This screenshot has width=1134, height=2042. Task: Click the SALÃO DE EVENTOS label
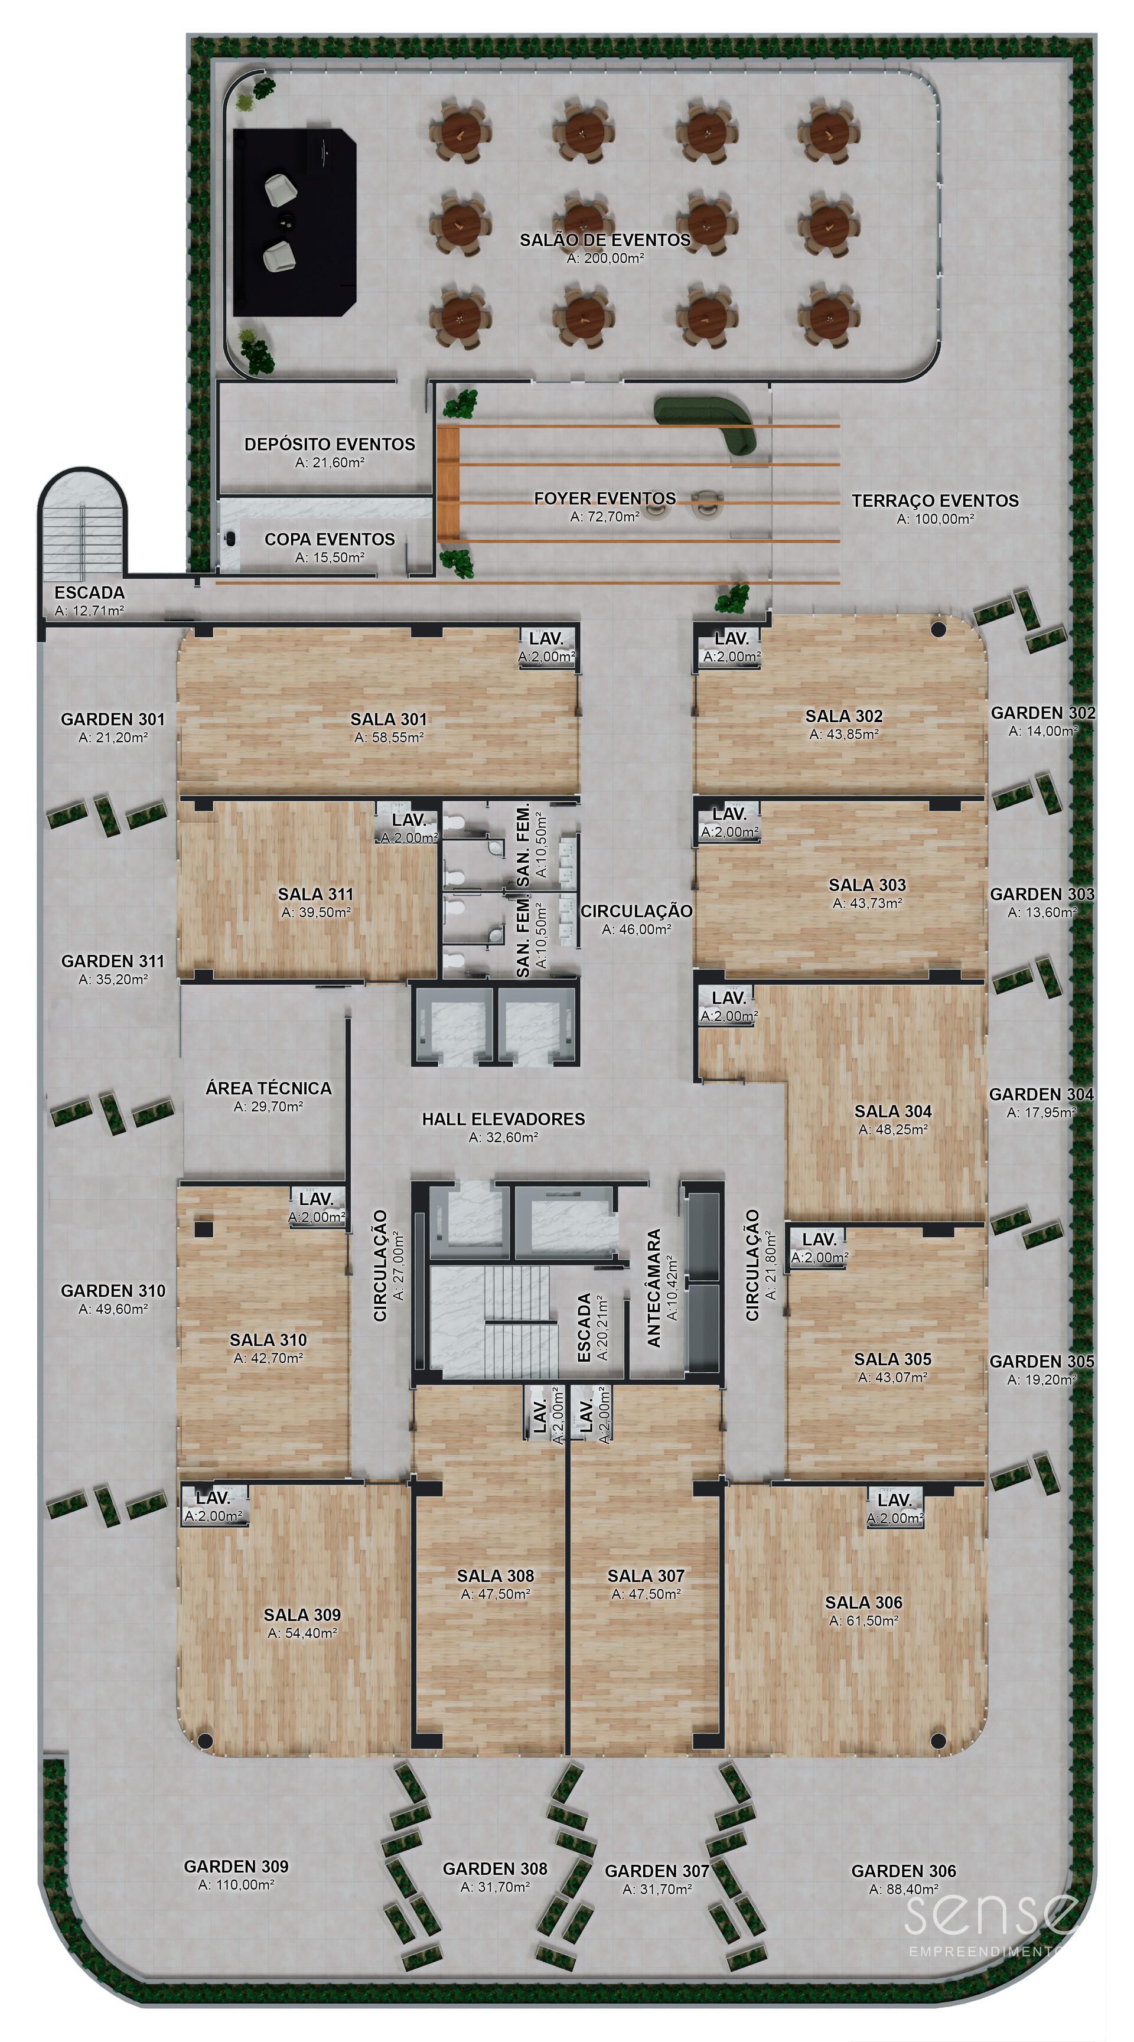click(x=605, y=239)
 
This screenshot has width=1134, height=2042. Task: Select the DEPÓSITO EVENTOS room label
click(x=330, y=444)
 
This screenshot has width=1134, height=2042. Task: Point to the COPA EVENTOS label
click(x=330, y=539)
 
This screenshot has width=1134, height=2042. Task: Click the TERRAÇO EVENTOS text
click(x=935, y=500)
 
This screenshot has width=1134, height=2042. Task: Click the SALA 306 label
click(x=863, y=1602)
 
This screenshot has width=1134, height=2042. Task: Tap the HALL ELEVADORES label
click(x=504, y=1118)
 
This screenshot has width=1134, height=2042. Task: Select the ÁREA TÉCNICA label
click(x=269, y=1088)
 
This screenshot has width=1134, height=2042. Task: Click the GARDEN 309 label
click(x=236, y=1866)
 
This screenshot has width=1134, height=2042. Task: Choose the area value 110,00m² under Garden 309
click(x=236, y=1885)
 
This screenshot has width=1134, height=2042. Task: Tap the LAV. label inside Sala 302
click(x=731, y=638)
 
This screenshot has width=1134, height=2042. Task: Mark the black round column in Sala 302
click(x=938, y=630)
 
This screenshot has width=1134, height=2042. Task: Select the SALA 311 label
click(x=315, y=893)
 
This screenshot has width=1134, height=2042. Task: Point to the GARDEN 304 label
click(x=1041, y=1094)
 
